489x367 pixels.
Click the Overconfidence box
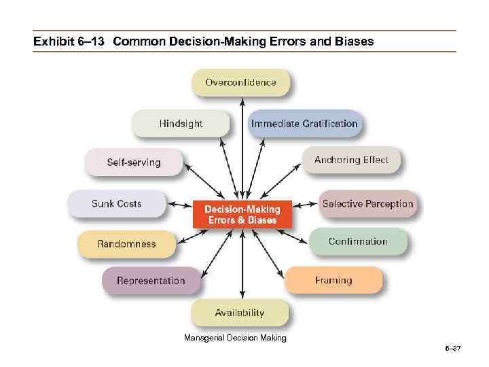pyautogui.click(x=241, y=83)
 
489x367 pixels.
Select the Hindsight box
pyautogui.click(x=181, y=124)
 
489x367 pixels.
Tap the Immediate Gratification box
pyautogui.click(x=304, y=124)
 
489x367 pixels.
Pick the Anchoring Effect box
pyautogui.click(x=351, y=160)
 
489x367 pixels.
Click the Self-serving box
pyautogui.click(x=134, y=162)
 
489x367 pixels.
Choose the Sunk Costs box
pyautogui.click(x=117, y=204)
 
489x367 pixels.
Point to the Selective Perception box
pyautogui.click(x=367, y=204)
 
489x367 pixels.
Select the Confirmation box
pyautogui.click(x=358, y=241)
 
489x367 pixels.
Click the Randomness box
pyautogui.click(x=126, y=244)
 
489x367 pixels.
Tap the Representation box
pyautogui.click(x=151, y=281)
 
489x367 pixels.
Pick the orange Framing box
pyautogui.click(x=333, y=280)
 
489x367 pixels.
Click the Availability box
pyautogui.click(x=240, y=313)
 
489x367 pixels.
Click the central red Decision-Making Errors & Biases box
pyautogui.click(x=242, y=215)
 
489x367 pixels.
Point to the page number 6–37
pyautogui.click(x=452, y=349)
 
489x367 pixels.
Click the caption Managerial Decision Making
pyautogui.click(x=235, y=338)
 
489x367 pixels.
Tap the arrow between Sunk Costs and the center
pyautogui.click(x=180, y=204)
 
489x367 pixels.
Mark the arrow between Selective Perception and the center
pyautogui.click(x=306, y=204)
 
